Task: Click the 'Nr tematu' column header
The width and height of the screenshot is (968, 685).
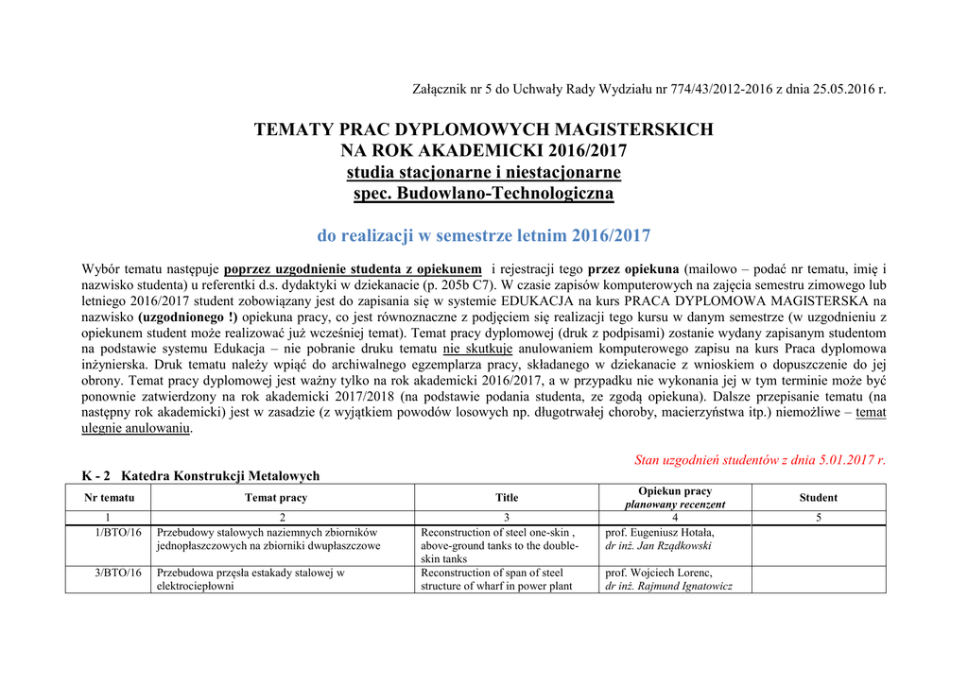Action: pyautogui.click(x=109, y=498)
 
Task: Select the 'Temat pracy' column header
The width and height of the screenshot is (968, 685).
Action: pyautogui.click(x=276, y=498)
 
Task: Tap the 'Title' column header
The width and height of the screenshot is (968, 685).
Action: pyautogui.click(x=507, y=498)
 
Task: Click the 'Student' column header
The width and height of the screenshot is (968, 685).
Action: pyautogui.click(x=818, y=498)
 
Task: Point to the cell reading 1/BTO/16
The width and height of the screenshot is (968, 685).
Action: pyautogui.click(x=119, y=533)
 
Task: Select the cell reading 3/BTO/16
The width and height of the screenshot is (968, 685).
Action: pyautogui.click(x=119, y=573)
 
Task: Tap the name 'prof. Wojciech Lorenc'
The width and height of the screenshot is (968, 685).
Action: pyautogui.click(x=658, y=573)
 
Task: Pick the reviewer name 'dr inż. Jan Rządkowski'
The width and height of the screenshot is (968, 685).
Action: pyautogui.click(x=658, y=546)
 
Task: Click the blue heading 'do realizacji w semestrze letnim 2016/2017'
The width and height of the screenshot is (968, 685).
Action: pyautogui.click(x=483, y=235)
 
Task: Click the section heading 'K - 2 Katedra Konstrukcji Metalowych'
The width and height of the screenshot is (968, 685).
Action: pyautogui.click(x=200, y=476)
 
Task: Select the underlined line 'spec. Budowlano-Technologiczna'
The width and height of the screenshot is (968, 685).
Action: pyautogui.click(x=483, y=194)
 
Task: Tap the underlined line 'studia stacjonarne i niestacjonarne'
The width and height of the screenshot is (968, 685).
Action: pyautogui.click(x=483, y=172)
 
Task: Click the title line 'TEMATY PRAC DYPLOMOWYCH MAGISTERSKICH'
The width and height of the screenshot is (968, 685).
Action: pyautogui.click(x=483, y=129)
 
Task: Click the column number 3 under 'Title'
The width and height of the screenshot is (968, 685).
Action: pyautogui.click(x=507, y=518)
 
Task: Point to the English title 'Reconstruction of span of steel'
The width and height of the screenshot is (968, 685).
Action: pyautogui.click(x=492, y=573)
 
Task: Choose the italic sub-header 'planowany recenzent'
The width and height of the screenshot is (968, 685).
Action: pyautogui.click(x=675, y=505)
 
